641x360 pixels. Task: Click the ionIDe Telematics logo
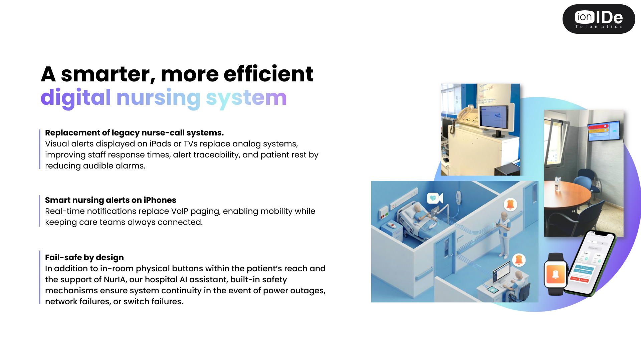[599, 19]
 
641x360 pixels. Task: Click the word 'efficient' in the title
[268, 74]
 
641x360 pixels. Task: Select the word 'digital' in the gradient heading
[76, 98]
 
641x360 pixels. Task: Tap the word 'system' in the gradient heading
[246, 98]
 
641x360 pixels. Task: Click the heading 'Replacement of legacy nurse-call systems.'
[134, 133]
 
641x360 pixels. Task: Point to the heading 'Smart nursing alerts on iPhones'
[111, 200]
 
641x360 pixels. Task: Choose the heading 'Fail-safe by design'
[84, 258]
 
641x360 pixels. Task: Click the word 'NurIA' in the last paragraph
[115, 280]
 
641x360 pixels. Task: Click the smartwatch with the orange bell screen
[555, 274]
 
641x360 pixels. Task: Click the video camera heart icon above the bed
[435, 198]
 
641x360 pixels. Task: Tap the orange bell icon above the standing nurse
[510, 204]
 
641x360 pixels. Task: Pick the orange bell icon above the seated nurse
[519, 260]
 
